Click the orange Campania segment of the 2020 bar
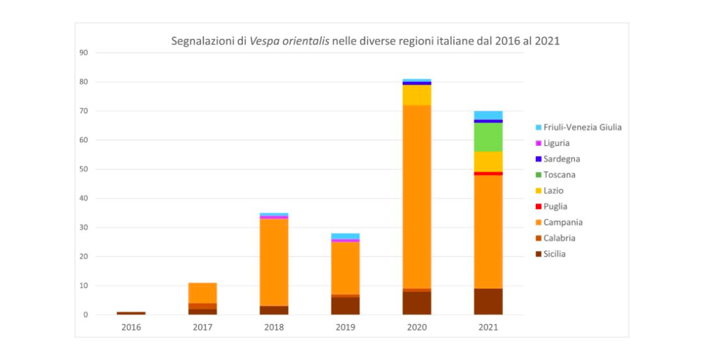[x=417, y=196]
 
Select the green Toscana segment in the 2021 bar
[x=489, y=137]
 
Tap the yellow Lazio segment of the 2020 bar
[x=417, y=95]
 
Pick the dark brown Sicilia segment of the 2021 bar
[x=489, y=302]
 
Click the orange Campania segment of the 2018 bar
[x=274, y=262]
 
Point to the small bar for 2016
[x=132, y=313]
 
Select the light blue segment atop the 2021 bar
[x=489, y=115]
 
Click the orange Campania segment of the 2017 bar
[x=203, y=293]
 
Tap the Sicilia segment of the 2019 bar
[x=346, y=306]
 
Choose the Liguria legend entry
[x=556, y=143]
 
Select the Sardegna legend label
[x=561, y=159]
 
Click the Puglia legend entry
[x=555, y=206]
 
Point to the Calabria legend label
[x=559, y=238]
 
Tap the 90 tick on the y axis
[x=84, y=52]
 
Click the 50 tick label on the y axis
[x=84, y=169]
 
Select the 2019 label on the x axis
[x=346, y=327]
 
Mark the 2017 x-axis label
[x=203, y=327]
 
